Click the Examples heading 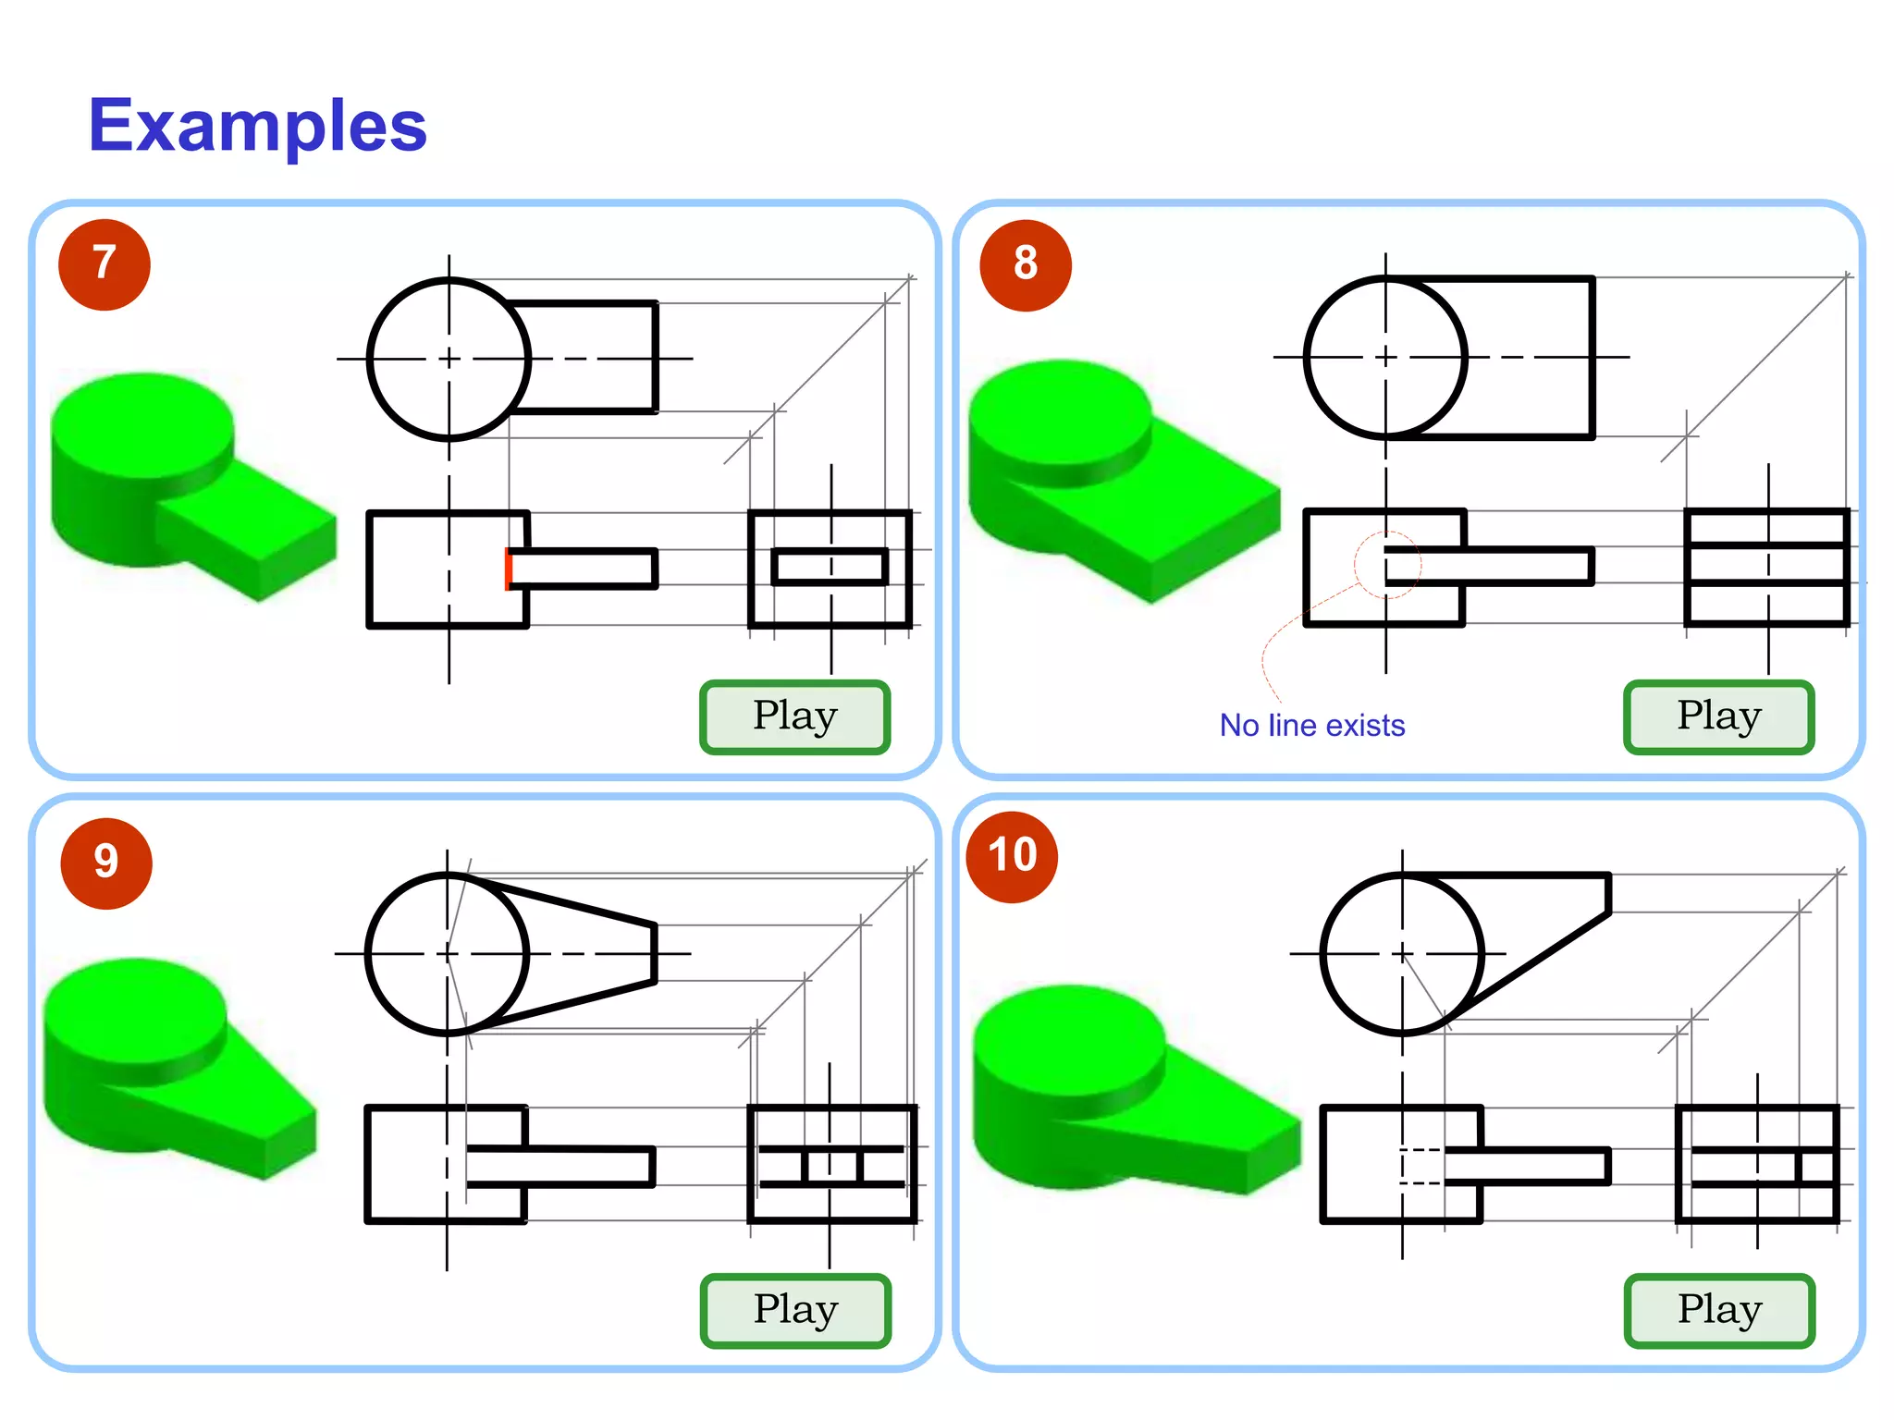(257, 126)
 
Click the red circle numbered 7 (104, 264)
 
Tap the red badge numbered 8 (1025, 265)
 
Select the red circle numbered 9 (105, 863)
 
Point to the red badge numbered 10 (1012, 856)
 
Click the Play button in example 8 (1718, 716)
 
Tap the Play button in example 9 (795, 1310)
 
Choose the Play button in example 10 (1718, 1310)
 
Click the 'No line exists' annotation (1311, 726)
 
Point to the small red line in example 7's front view (508, 569)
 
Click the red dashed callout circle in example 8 (1386, 565)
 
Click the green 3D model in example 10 (1128, 1091)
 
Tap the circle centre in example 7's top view (449, 359)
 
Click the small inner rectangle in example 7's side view (830, 567)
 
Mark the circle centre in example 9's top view (448, 953)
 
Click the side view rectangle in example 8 (1767, 567)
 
